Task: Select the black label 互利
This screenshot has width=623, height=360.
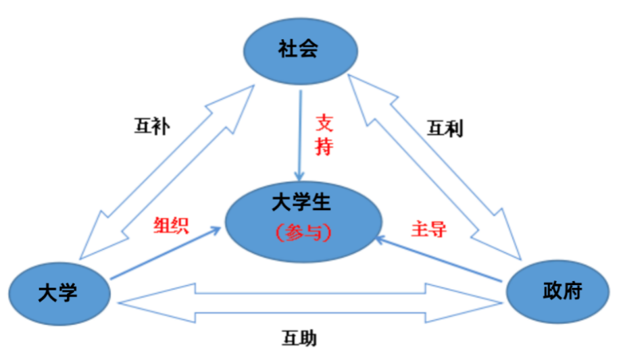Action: pyautogui.click(x=445, y=128)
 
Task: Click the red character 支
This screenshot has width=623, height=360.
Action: pyautogui.click(x=325, y=123)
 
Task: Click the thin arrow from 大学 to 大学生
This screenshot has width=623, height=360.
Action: pyautogui.click(x=166, y=253)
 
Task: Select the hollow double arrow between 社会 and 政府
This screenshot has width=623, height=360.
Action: pyautogui.click(x=436, y=169)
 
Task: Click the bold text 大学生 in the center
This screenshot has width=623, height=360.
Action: pyautogui.click(x=302, y=202)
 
